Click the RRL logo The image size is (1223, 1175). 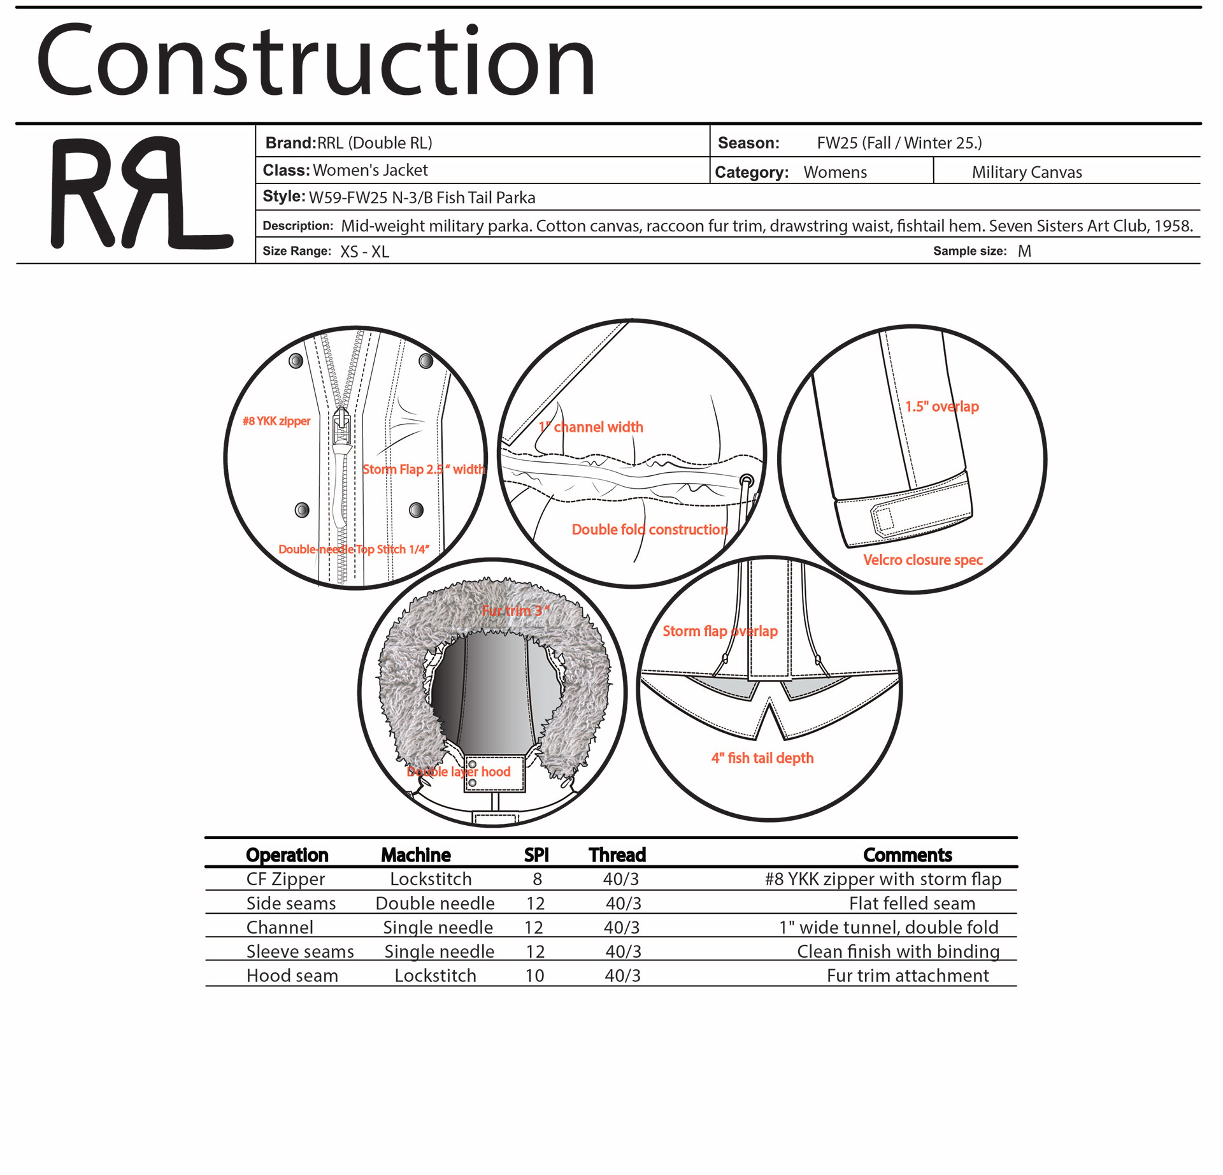141,193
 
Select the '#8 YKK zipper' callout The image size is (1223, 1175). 276,421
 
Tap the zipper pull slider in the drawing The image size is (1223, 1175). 342,426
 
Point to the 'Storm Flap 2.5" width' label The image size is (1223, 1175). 424,470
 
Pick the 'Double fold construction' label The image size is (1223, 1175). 649,530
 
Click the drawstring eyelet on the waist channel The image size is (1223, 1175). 747,480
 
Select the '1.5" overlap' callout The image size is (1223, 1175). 942,407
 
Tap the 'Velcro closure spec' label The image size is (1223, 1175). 923,560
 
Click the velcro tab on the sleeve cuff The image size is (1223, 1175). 883,518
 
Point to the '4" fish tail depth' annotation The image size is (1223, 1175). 762,758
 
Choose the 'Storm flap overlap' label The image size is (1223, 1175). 720,631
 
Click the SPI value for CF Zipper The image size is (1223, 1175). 537,879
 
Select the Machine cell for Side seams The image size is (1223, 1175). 435,904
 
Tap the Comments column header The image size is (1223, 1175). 907,855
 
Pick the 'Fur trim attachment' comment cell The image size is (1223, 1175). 908,976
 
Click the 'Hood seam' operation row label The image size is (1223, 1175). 292,976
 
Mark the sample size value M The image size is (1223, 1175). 1024,251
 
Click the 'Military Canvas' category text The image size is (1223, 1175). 1027,172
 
